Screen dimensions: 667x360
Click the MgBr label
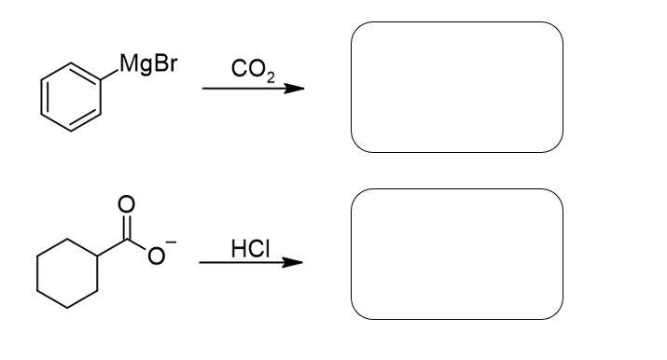[148, 66]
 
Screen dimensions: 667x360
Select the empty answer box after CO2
[457, 87]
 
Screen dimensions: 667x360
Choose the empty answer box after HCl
[457, 254]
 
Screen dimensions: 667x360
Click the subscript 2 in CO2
[270, 76]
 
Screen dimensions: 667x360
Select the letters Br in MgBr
[163, 66]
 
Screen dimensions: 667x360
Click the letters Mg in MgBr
[136, 67]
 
